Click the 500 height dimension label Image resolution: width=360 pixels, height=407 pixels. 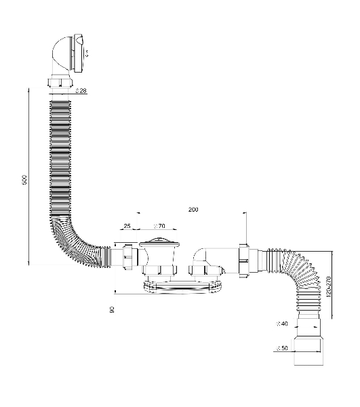(x=24, y=180)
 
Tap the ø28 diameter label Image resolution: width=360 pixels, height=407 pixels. (x=81, y=91)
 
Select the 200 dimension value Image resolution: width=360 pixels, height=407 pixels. (x=193, y=209)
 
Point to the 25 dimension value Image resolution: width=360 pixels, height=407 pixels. (x=127, y=226)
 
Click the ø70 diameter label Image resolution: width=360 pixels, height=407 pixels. (x=159, y=226)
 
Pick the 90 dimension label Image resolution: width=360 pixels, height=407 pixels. (x=112, y=309)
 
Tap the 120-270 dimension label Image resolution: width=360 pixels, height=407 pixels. (x=328, y=287)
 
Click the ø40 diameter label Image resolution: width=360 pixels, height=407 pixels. (x=282, y=324)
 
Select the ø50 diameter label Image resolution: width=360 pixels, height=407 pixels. (x=282, y=348)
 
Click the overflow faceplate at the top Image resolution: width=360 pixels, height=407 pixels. (x=79, y=53)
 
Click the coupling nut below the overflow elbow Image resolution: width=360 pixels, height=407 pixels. (x=60, y=81)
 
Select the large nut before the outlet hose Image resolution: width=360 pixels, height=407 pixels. (x=244, y=260)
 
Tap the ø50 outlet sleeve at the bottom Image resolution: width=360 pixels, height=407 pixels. (x=308, y=351)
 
